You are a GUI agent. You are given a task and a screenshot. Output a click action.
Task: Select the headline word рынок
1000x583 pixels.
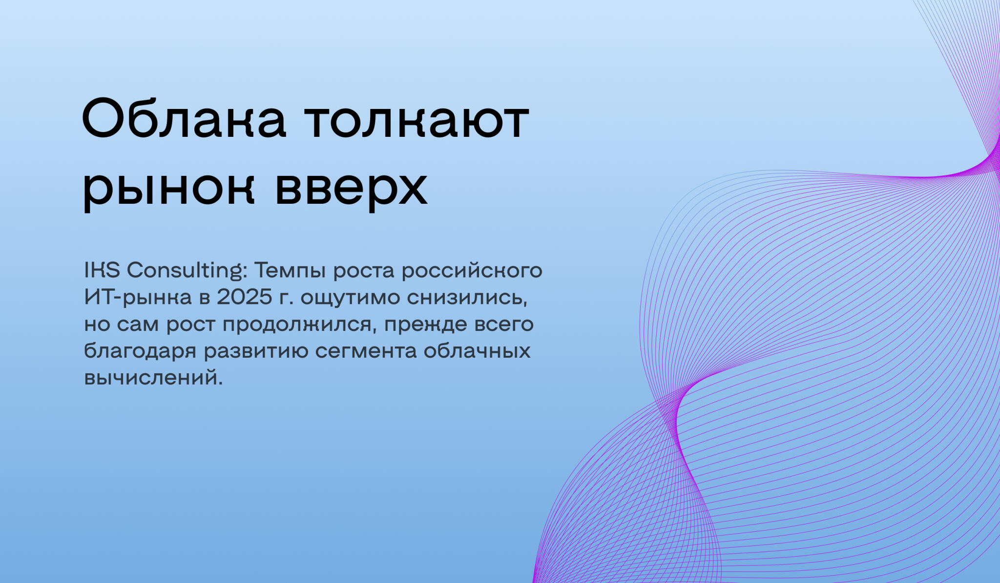169,188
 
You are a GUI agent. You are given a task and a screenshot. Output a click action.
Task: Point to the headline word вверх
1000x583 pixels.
352,188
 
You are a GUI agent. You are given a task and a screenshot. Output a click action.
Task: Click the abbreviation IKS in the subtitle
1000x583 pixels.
102,270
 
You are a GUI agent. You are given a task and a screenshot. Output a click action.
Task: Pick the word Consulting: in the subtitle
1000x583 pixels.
187,271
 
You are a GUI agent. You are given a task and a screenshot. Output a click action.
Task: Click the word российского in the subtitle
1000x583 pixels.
472,271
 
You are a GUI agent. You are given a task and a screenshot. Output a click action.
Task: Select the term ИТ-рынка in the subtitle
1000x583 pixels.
138,298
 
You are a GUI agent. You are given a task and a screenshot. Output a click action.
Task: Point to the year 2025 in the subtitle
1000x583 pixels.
244,297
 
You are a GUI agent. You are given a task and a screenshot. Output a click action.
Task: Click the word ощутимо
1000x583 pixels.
350,298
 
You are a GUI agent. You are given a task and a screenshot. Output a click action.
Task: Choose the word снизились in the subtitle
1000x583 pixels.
467,297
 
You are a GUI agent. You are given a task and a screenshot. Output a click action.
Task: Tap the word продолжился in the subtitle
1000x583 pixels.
299,324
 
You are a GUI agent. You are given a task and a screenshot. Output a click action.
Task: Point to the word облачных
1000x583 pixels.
477,351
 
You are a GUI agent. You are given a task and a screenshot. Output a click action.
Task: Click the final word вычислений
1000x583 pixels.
153,378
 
